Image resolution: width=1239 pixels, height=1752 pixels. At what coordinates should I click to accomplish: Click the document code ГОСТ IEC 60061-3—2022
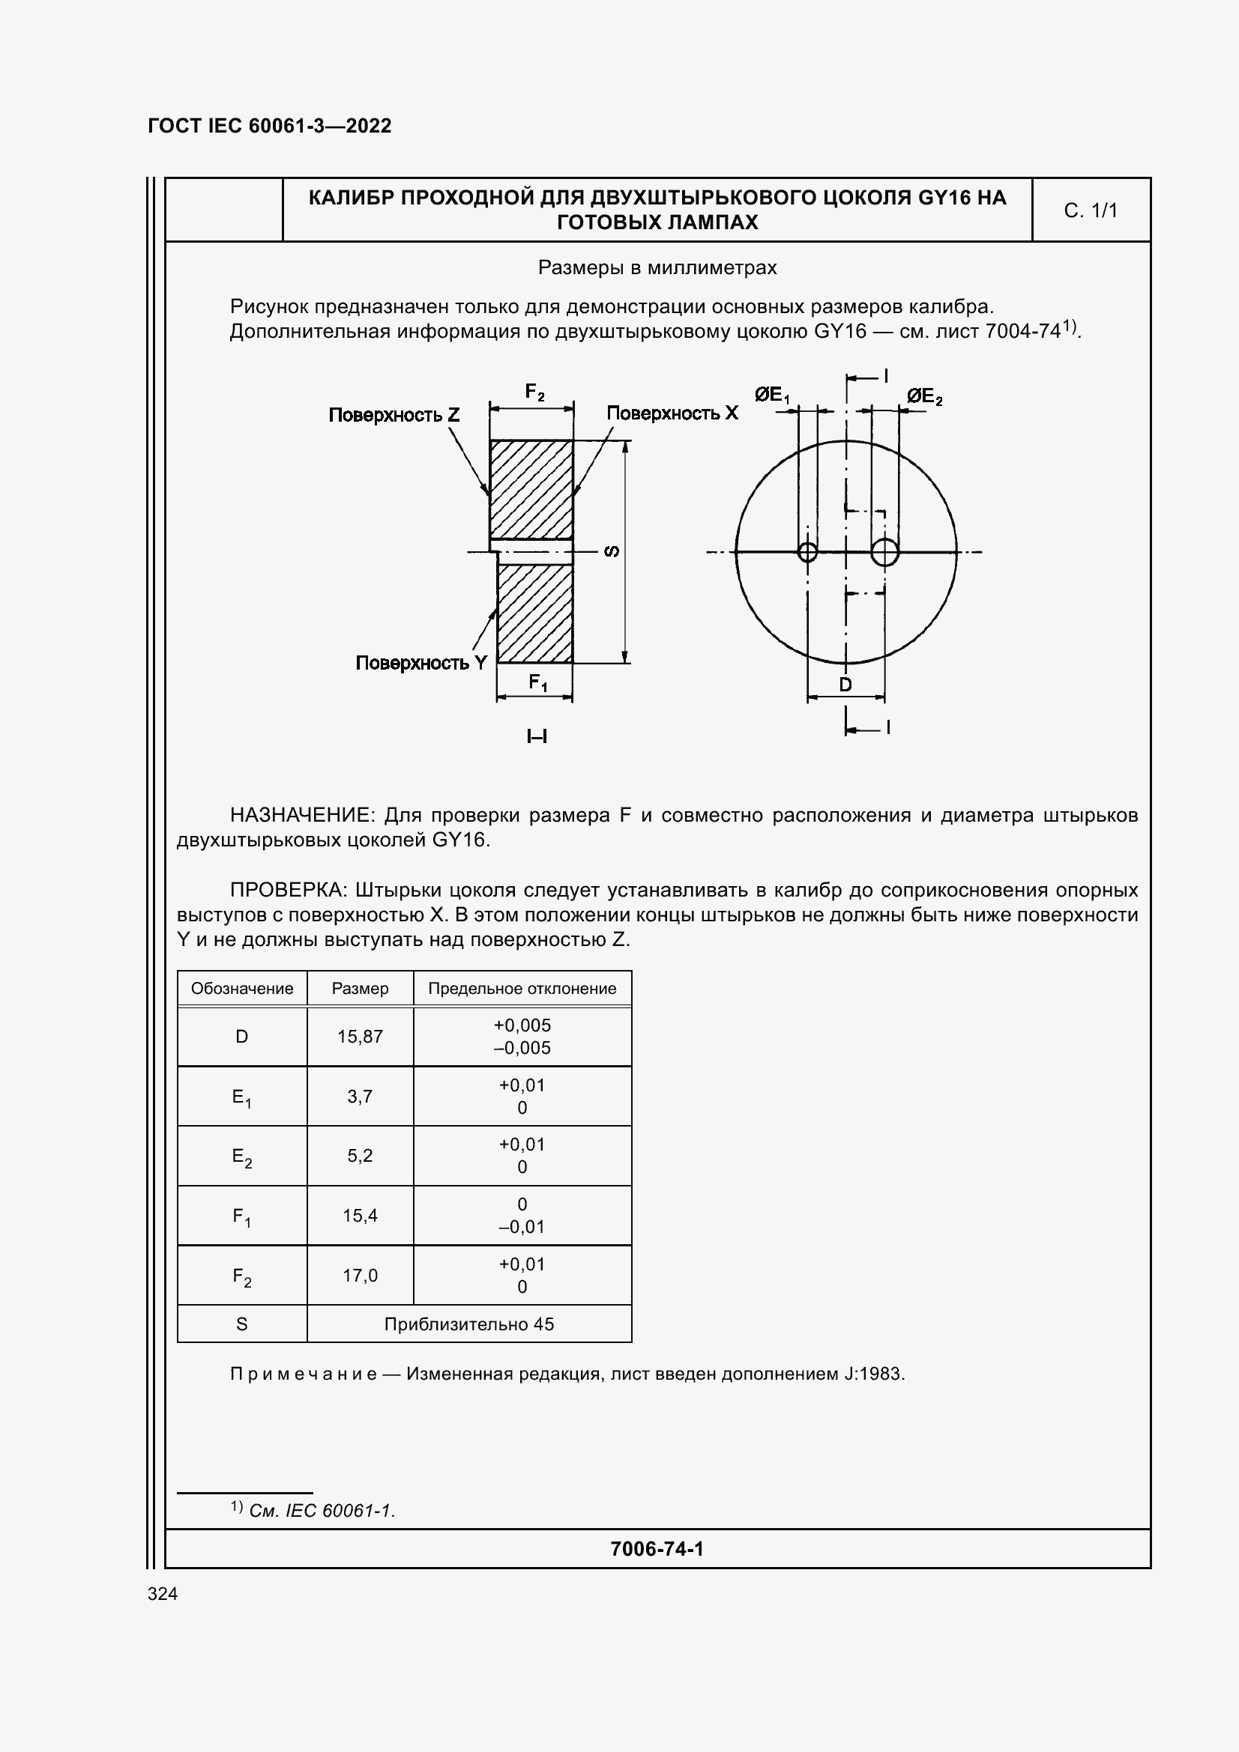(x=270, y=126)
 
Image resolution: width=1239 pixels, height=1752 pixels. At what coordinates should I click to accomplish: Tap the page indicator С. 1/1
(x=1090, y=210)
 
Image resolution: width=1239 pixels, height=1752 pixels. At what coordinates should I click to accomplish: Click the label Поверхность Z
(x=394, y=415)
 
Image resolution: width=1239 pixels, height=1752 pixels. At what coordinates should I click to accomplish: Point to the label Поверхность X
(x=672, y=413)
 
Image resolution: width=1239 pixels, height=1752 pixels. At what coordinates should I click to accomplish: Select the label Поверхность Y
(x=420, y=662)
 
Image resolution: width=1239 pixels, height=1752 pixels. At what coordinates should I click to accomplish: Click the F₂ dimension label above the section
(x=534, y=393)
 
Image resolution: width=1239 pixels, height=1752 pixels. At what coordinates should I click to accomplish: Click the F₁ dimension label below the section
(x=537, y=682)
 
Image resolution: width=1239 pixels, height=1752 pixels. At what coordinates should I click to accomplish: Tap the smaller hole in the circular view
(x=807, y=552)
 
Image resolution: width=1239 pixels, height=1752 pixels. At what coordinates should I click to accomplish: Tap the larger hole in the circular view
(x=884, y=552)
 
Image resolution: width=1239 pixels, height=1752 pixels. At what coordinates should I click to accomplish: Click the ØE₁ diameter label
(x=772, y=395)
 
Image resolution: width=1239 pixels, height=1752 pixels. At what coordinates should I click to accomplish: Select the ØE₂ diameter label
(x=923, y=397)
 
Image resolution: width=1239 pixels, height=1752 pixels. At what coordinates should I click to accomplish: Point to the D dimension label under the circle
(x=845, y=685)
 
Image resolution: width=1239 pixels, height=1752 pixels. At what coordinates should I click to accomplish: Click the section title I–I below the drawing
(x=537, y=736)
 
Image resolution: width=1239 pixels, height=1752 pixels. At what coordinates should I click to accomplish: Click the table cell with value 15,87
(x=360, y=1036)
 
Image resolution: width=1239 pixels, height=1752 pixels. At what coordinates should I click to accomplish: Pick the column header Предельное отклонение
(x=522, y=988)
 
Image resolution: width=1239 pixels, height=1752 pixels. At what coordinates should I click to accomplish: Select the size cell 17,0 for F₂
(x=360, y=1275)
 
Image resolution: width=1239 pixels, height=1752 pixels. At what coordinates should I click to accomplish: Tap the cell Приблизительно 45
(x=468, y=1324)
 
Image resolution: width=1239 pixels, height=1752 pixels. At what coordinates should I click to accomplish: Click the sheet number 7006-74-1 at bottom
(x=657, y=1548)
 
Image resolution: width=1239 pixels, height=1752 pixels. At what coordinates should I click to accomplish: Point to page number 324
(x=163, y=1593)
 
